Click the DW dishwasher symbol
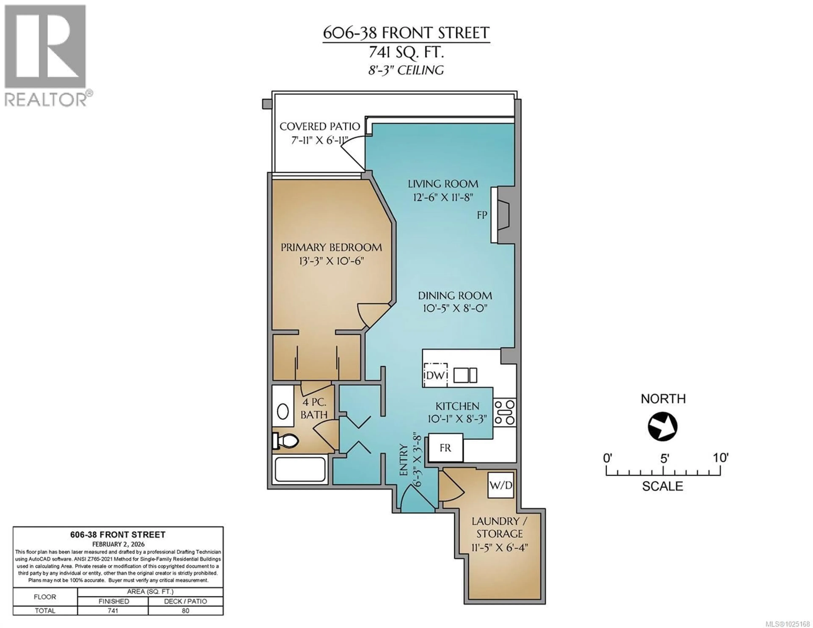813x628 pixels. tap(436, 375)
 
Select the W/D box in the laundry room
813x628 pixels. tap(501, 485)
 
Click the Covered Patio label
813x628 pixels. tap(319, 127)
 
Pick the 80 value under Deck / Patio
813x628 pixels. tap(185, 610)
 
